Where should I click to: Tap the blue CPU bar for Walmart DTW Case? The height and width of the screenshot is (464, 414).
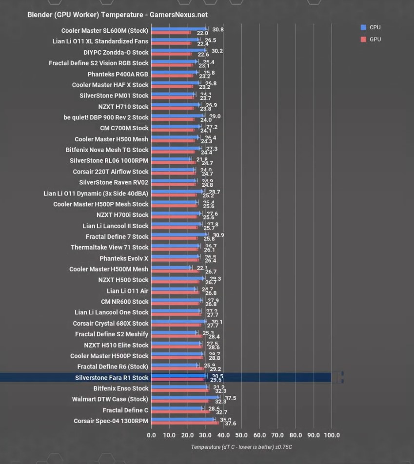point(185,398)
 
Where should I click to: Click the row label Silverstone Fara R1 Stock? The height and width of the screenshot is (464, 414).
point(112,378)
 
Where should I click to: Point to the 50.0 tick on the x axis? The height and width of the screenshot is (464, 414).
point(241,435)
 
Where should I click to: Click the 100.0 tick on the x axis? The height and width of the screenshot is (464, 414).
point(332,435)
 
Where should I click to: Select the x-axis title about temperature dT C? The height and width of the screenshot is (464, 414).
point(241,447)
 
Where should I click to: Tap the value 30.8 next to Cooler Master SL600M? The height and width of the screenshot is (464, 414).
point(218,29)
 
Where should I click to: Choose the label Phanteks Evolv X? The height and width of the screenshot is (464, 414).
point(124,258)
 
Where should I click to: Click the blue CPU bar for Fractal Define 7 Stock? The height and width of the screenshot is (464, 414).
point(179,234)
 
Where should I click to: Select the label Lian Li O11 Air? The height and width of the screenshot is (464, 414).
point(127,291)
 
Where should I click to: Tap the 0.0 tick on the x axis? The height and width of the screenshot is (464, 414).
point(151,435)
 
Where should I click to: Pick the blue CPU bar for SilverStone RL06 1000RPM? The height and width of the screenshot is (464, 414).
point(171,159)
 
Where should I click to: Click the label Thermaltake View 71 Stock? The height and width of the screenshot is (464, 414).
point(109,248)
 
